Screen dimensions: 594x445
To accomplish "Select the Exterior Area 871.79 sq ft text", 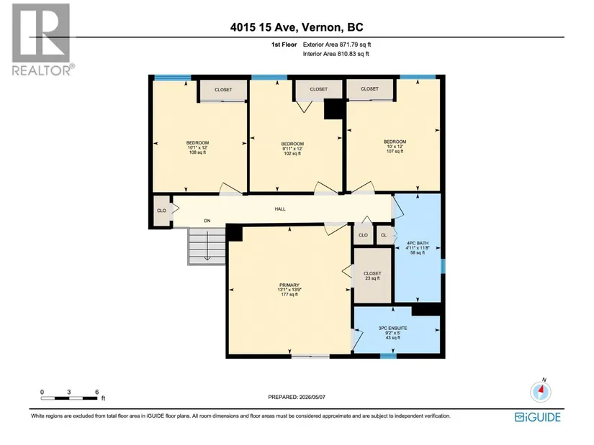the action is (337, 45).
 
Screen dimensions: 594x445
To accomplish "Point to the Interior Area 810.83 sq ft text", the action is (336, 54).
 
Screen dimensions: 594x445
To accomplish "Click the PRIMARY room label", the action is (289, 285).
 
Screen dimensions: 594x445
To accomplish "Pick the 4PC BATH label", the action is (418, 243).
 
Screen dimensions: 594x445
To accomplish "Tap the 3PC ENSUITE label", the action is (393, 329).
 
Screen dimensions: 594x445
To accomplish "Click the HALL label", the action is (280, 209).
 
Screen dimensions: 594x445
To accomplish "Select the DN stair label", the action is (207, 221).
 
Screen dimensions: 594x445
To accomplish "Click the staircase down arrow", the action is (207, 245).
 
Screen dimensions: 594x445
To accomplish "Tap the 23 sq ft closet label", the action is (372, 278).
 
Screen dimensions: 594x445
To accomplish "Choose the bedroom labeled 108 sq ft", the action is (197, 147).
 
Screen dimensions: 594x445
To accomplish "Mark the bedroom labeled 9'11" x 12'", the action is (292, 149).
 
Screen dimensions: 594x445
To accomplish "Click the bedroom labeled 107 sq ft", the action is (395, 147).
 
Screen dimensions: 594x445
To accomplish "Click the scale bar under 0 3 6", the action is (69, 398).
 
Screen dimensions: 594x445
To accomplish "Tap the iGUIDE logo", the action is (538, 417).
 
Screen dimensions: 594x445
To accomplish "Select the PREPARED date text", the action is (297, 397).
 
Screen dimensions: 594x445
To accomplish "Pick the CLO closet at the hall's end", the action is (161, 211).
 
